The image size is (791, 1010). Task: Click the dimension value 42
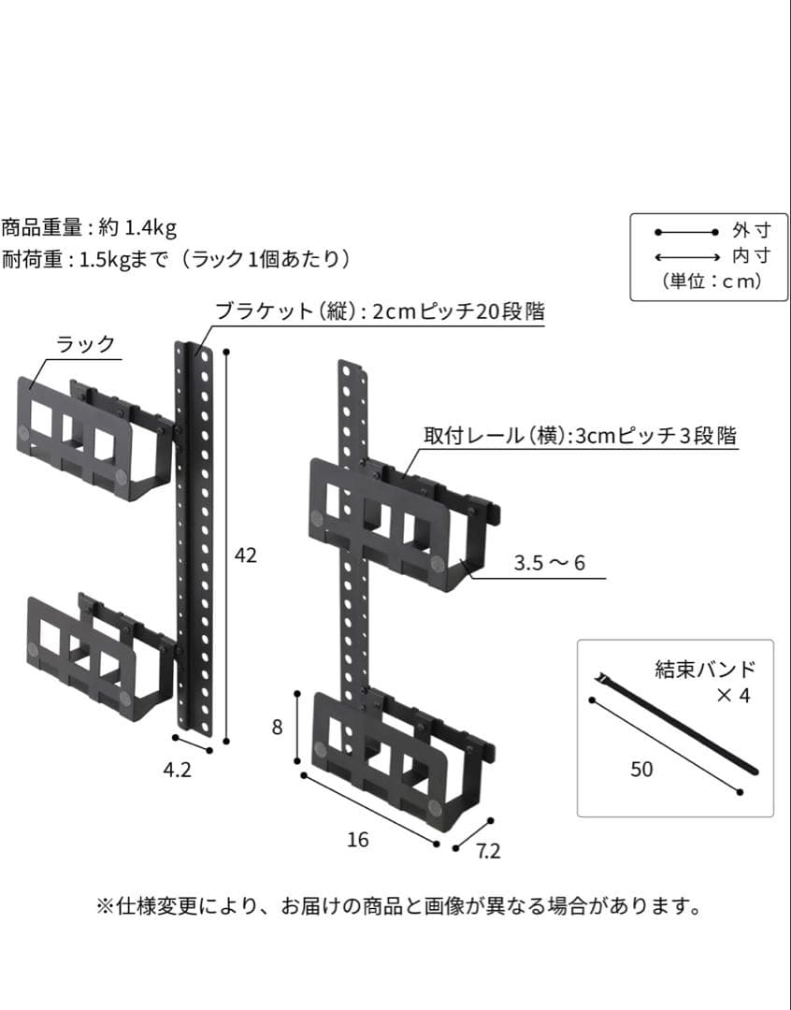[245, 555]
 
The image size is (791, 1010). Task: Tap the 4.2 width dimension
[178, 771]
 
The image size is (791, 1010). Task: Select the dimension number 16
[357, 840]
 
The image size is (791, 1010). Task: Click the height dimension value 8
[277, 727]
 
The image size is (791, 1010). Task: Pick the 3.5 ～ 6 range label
[549, 564]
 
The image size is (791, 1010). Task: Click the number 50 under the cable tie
[641, 770]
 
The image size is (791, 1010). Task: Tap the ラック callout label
[86, 344]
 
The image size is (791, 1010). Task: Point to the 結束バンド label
[704, 670]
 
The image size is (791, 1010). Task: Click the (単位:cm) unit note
[711, 281]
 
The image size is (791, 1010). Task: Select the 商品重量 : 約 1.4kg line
[90, 227]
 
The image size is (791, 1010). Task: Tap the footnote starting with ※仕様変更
[398, 906]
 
